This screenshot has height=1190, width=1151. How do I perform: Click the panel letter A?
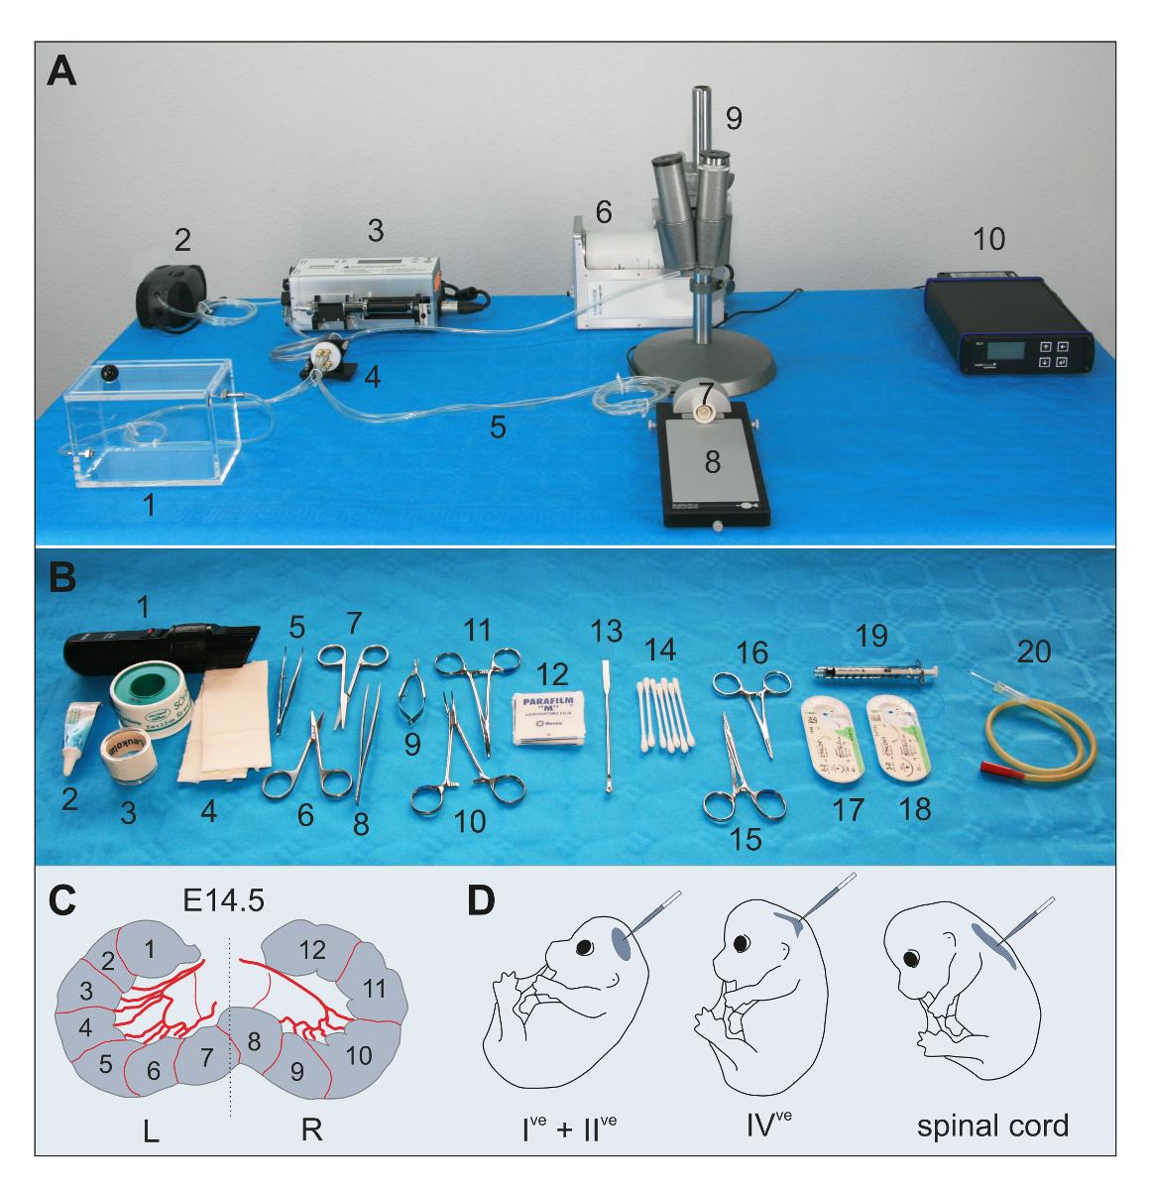click(61, 71)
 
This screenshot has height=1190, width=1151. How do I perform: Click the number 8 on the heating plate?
click(712, 461)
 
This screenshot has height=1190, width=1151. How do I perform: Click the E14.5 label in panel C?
click(223, 899)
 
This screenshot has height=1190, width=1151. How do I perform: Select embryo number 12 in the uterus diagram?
click(312, 949)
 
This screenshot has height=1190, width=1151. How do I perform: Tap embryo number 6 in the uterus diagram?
click(153, 1070)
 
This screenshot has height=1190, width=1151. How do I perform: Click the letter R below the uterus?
click(311, 1130)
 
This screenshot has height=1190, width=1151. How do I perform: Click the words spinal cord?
click(992, 1127)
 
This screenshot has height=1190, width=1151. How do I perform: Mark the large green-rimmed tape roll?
click(146, 694)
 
